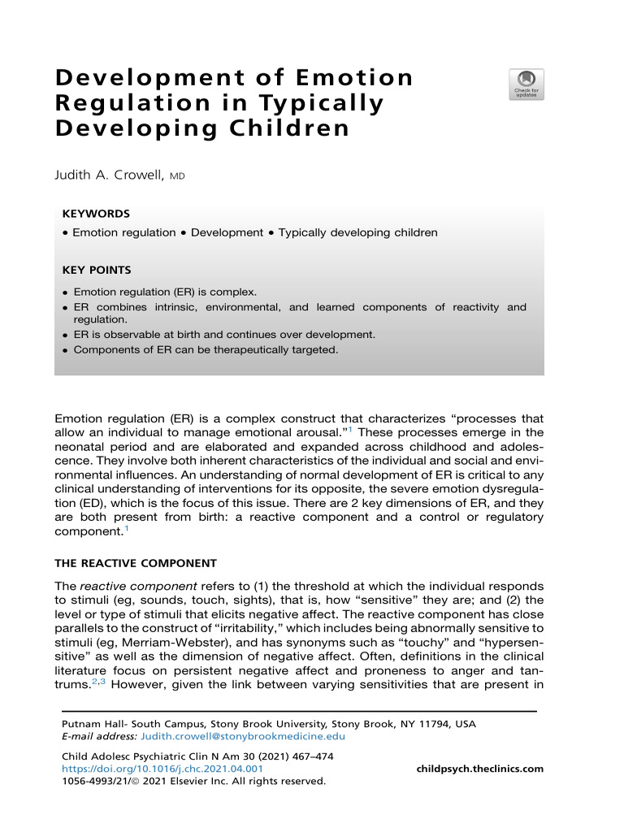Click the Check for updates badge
(x=526, y=84)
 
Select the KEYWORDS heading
(x=96, y=214)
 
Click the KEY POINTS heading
(x=97, y=270)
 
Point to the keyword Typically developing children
(x=357, y=232)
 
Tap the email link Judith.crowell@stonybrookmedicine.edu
(x=243, y=737)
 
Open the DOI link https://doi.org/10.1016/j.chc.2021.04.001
(x=162, y=769)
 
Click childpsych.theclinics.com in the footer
(x=479, y=769)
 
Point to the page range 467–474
(x=311, y=756)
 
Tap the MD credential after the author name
(x=178, y=175)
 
